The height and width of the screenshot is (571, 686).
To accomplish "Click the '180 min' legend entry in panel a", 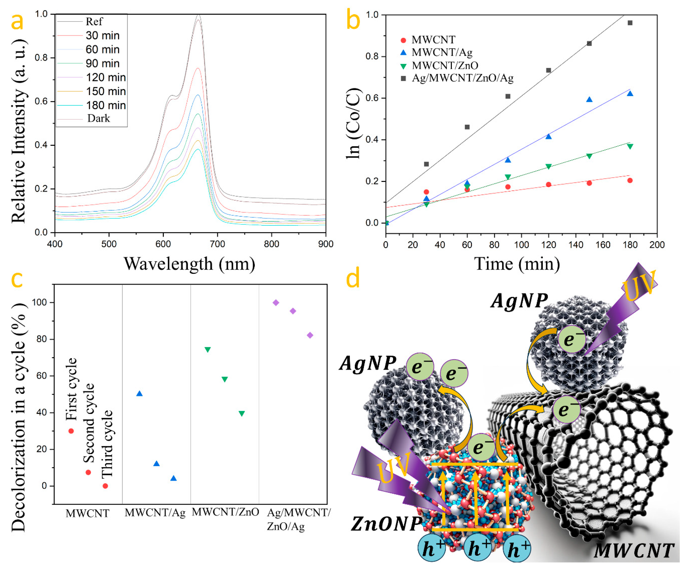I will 105,106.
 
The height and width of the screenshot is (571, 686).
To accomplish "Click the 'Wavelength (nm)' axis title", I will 189,264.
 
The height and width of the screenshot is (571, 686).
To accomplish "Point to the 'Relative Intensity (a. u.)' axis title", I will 19,131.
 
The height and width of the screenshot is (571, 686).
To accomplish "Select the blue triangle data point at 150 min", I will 589,100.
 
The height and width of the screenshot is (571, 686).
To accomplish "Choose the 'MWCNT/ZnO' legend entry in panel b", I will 445,66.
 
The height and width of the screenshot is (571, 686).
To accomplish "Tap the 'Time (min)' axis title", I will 517,264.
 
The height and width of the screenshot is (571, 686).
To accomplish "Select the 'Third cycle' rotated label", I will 107,444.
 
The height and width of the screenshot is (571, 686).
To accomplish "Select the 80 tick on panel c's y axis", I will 42,339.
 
